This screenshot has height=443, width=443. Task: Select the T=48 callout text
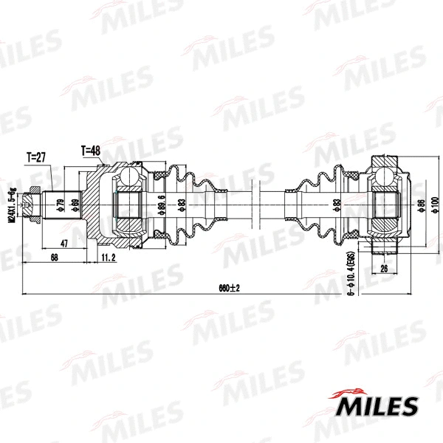tap(90, 151)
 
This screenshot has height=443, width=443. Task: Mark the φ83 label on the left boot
tap(181, 205)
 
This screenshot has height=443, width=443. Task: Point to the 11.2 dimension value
tap(109, 257)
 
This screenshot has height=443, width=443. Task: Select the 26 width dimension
tap(384, 269)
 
